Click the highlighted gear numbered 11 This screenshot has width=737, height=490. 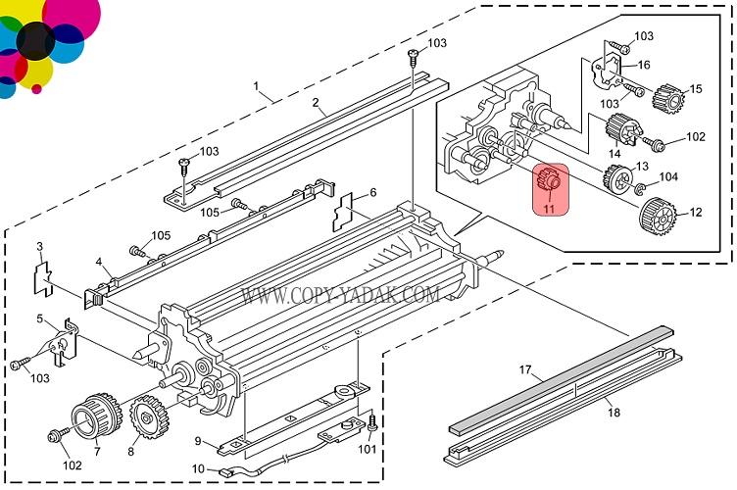tap(549, 181)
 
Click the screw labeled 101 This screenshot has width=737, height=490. tap(372, 423)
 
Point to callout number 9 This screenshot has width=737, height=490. tap(197, 440)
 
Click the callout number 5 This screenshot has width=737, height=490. tap(40, 318)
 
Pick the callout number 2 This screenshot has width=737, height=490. tap(316, 102)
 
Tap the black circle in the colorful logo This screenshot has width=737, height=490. tap(35, 40)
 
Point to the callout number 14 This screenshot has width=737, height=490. tap(614, 153)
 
